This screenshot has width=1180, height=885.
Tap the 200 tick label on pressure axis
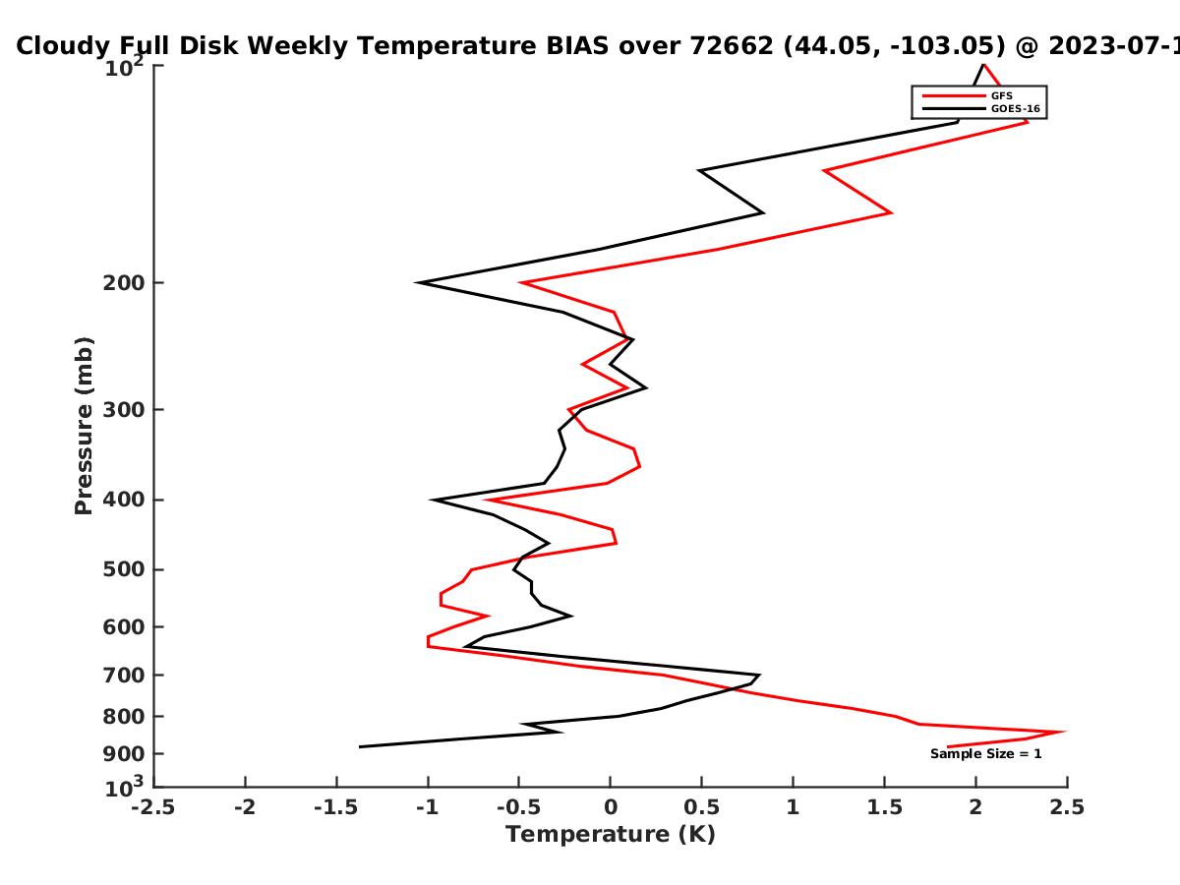[x=124, y=282]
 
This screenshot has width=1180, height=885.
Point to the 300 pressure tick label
[x=124, y=410]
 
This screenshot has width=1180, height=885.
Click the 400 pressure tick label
[x=124, y=500]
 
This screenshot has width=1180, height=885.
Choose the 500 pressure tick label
[x=124, y=569]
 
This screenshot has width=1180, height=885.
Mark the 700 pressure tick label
[x=124, y=676]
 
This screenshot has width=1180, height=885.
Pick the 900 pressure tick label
[x=124, y=754]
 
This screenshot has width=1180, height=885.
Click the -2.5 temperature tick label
[x=153, y=808]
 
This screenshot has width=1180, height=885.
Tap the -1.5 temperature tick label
[x=336, y=808]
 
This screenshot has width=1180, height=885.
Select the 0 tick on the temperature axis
[x=611, y=808]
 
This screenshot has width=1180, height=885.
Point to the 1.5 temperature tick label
[x=884, y=808]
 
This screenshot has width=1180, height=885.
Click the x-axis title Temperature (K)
[x=611, y=835]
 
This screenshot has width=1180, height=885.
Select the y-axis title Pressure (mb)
[x=84, y=426]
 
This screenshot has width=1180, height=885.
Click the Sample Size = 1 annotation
[x=986, y=754]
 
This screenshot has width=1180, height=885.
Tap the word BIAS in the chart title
[x=577, y=46]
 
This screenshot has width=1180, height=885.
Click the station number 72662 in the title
[x=732, y=46]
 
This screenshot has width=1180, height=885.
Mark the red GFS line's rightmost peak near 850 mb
[x=1064, y=732]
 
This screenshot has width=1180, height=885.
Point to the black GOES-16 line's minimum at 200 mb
[x=417, y=282]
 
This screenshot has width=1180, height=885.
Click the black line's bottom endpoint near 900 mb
[x=360, y=747]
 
